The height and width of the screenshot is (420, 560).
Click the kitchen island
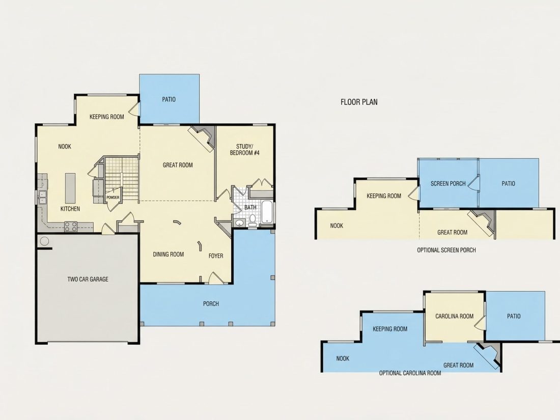(x=70, y=188)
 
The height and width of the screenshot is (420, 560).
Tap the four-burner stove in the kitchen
(x=70, y=227)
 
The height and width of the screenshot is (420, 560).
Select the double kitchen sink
(x=42, y=197)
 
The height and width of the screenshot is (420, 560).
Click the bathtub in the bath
(x=267, y=212)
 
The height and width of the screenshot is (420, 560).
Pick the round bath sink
(x=239, y=223)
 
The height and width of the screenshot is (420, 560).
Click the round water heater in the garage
(x=44, y=241)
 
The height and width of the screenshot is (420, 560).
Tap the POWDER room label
(x=113, y=198)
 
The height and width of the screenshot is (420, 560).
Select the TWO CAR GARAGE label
(x=88, y=279)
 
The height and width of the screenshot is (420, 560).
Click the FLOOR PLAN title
(x=359, y=102)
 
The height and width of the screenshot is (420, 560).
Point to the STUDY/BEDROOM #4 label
(x=245, y=150)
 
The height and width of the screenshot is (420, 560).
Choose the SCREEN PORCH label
(x=448, y=184)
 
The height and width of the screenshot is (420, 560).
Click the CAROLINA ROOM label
(x=454, y=316)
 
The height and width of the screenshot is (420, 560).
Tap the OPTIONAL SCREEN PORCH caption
(x=446, y=250)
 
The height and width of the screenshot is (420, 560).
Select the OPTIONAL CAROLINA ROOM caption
(x=410, y=373)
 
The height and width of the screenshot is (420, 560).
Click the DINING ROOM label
(x=168, y=254)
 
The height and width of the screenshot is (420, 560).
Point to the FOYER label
(x=216, y=256)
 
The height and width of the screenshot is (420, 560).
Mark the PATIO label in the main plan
(x=169, y=99)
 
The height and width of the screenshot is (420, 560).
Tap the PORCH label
(x=211, y=303)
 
